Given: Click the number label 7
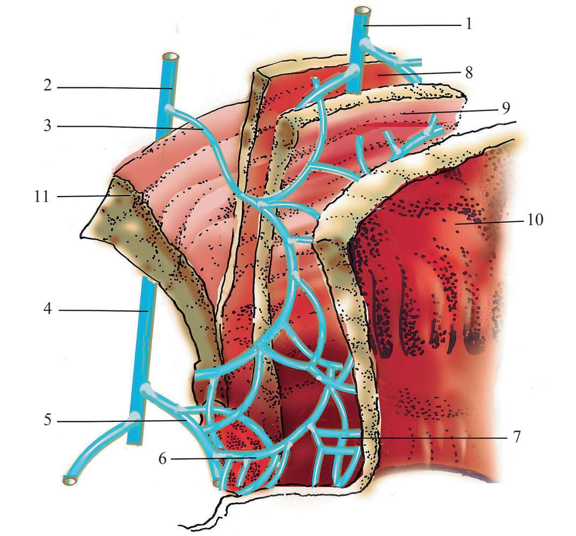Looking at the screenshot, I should coord(516,437).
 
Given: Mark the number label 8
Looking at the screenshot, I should coord(469,73).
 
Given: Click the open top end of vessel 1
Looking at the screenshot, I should coord(363,11).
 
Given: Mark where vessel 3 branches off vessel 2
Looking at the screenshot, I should coord(169,108).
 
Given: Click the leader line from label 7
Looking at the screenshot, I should coord(431,438).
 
